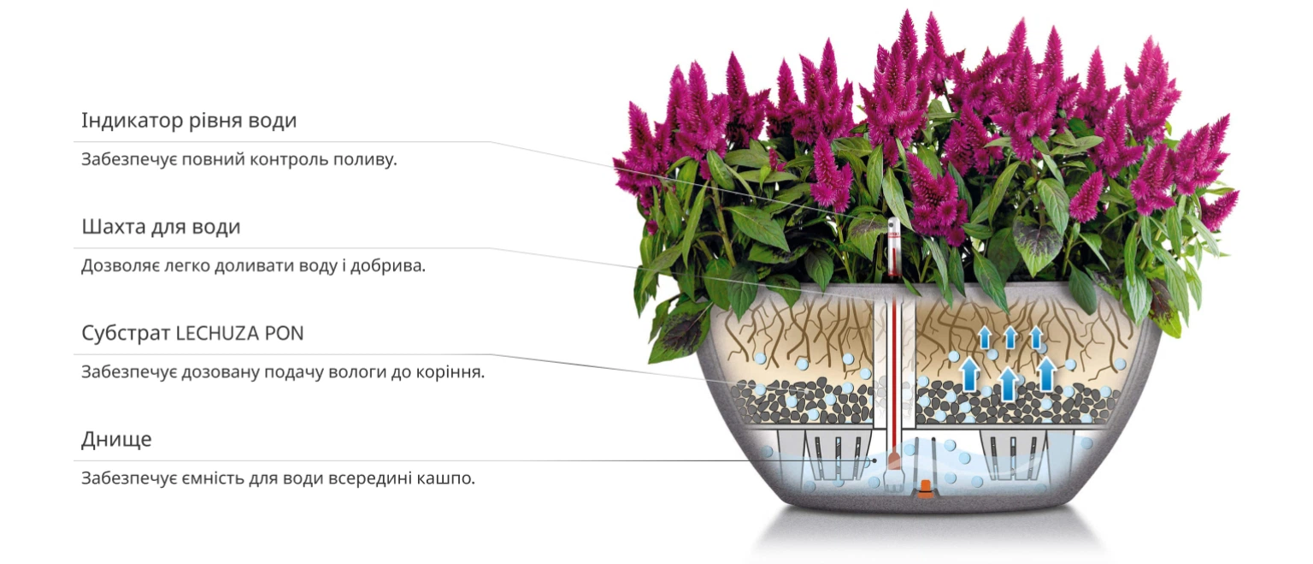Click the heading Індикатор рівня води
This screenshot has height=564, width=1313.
(x=189, y=121)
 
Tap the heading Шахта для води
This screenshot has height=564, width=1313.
(x=161, y=227)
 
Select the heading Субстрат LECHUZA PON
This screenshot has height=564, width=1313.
(x=192, y=334)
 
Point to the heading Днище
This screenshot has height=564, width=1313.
(x=116, y=440)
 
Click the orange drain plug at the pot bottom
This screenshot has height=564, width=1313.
(x=926, y=490)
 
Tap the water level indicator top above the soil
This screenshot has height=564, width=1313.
(x=894, y=246)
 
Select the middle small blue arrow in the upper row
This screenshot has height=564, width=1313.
(x=1010, y=337)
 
